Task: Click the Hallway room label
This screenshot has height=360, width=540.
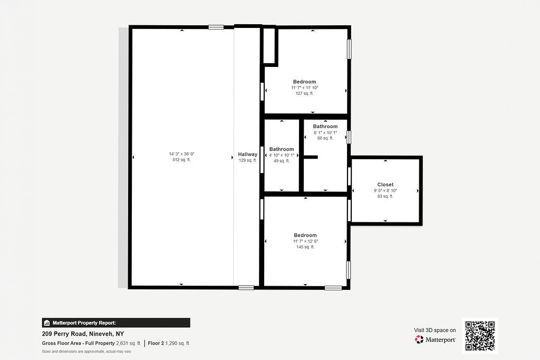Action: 247,154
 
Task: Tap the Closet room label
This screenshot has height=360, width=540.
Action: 385,184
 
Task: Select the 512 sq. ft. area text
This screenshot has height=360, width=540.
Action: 181,160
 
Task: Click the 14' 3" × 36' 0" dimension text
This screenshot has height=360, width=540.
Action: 181,154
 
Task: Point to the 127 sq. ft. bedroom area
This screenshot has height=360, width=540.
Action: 304,93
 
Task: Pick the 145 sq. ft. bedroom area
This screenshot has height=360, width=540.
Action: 305,247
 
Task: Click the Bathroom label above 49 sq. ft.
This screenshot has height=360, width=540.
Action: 282,149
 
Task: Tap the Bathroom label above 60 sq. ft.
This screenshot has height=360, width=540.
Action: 325,127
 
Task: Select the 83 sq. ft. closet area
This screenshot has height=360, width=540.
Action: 385,196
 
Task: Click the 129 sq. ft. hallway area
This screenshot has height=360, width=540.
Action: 247,160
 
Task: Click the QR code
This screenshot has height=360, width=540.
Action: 480,335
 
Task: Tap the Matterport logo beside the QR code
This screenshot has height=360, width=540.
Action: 436,339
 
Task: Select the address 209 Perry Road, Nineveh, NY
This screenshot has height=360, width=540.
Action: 83,334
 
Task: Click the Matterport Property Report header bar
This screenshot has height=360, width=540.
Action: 116,323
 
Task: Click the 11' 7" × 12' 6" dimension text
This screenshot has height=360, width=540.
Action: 305,241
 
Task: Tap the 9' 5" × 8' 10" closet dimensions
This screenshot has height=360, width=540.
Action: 385,190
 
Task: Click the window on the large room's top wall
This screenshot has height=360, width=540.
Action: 216,27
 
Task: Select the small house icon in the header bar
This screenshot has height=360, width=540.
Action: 47,323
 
